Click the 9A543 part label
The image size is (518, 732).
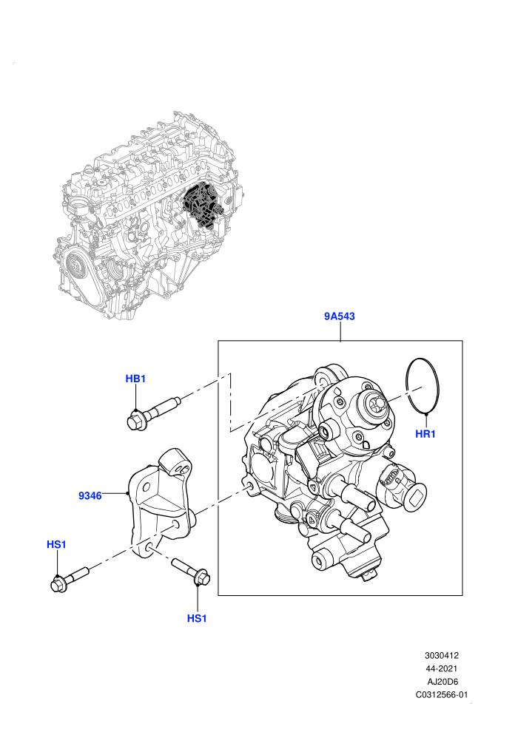[340, 316]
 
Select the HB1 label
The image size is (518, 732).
[135, 379]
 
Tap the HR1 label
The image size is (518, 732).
[425, 434]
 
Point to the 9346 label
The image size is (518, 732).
[90, 496]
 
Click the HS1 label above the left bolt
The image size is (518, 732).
[56, 544]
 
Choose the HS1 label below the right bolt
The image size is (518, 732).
[197, 619]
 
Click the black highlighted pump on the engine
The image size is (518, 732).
[201, 206]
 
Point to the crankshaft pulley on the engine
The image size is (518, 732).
[75, 266]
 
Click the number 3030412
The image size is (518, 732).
[441, 655]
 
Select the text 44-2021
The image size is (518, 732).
[441, 668]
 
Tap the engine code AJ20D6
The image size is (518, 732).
[443, 682]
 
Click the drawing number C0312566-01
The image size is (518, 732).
[441, 694]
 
